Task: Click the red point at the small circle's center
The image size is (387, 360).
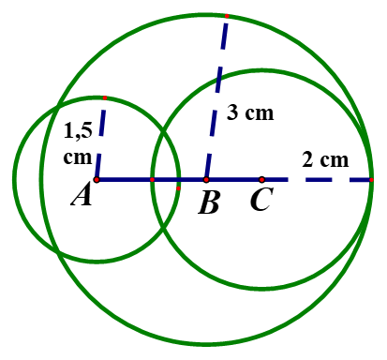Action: (x=97, y=179)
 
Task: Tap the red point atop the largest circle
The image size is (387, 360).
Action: (x=227, y=16)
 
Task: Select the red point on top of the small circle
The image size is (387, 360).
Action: (x=105, y=97)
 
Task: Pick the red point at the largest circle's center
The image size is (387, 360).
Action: (x=206, y=179)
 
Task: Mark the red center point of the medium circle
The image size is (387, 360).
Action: (x=261, y=179)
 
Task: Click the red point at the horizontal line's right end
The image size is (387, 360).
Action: (x=371, y=179)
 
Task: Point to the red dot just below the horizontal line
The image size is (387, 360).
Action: (x=178, y=189)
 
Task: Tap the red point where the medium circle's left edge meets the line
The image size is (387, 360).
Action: (x=152, y=179)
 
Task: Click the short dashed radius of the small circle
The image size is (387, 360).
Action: (x=100, y=139)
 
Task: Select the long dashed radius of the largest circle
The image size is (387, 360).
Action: (x=216, y=97)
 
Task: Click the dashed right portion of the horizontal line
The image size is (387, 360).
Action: (x=319, y=179)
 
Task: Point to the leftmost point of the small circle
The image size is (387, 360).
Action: (x=14, y=179)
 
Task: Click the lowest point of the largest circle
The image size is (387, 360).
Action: (x=206, y=344)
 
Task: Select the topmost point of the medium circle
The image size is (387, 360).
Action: (x=261, y=69)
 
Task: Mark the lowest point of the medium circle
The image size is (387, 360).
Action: (x=261, y=289)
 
